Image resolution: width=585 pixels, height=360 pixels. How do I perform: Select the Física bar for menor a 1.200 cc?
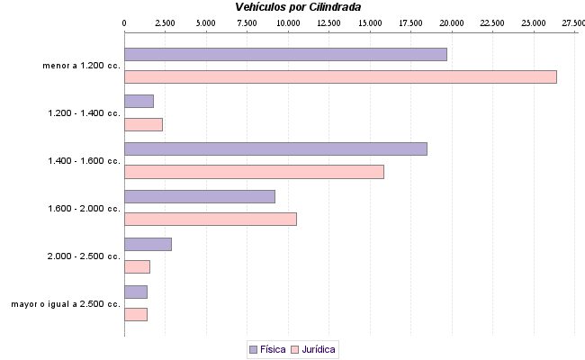click(285, 54)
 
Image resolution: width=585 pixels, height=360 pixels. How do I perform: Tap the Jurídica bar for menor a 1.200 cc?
click(340, 76)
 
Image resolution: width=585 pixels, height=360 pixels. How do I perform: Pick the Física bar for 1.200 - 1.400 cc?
click(139, 102)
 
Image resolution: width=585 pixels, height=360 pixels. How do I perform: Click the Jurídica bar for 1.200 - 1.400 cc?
click(143, 124)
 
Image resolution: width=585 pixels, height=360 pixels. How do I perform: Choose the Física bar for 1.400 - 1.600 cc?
click(275, 149)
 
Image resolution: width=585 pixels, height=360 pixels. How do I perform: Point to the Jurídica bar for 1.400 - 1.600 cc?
click(254, 172)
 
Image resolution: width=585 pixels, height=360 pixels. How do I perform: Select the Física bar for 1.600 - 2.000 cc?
click(199, 196)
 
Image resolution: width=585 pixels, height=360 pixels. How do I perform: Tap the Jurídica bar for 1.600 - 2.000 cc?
click(210, 219)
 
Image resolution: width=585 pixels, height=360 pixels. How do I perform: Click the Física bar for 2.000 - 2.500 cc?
click(148, 244)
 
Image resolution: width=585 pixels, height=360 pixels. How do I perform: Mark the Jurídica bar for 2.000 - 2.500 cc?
click(137, 266)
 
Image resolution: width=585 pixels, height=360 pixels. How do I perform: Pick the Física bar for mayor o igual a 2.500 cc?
click(135, 292)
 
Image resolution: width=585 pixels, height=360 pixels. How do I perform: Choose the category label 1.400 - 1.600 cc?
click(84, 161)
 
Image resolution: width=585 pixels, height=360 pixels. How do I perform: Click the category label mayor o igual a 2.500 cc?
click(66, 304)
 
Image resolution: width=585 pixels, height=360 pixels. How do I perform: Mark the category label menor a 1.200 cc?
click(81, 66)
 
